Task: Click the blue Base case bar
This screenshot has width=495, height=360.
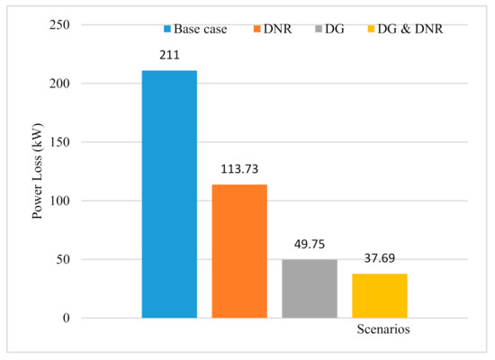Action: [169, 193]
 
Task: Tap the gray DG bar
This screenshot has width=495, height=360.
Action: [309, 288]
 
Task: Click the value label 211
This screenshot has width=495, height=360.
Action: [169, 55]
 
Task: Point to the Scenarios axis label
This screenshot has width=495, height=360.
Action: [382, 330]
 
